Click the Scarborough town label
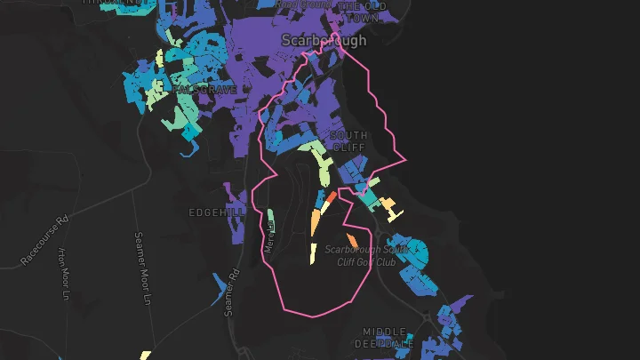pos(324,40)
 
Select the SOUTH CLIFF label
pos(348,141)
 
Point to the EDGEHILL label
pos(210,213)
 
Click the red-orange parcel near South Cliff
pos(330,197)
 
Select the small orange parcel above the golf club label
pos(352,240)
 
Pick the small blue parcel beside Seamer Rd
pos(219,285)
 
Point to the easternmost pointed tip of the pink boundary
pos(405,160)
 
